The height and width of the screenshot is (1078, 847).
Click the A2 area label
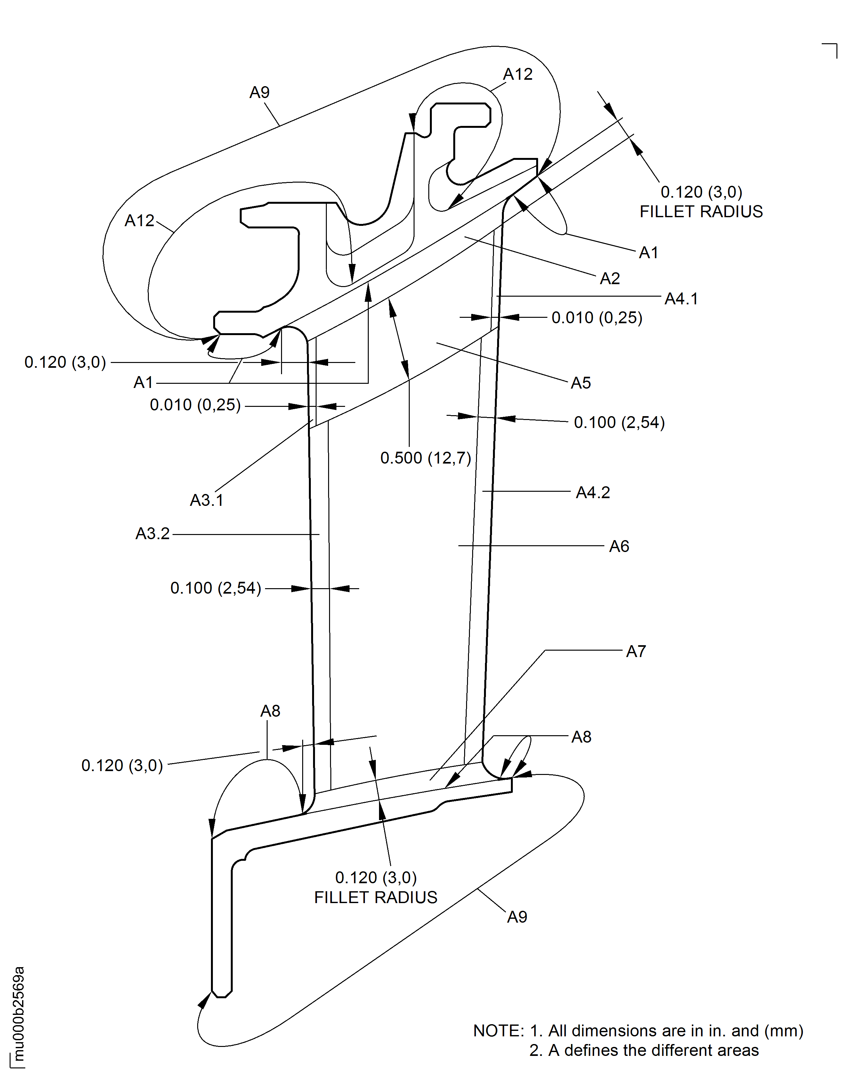coord(610,278)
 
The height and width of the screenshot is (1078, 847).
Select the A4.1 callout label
coord(682,299)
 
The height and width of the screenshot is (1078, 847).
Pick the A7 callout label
coord(636,651)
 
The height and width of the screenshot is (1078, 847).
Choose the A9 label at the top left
coord(259,92)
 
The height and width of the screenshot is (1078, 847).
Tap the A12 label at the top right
coord(518,74)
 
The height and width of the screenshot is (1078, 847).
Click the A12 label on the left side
coord(139,220)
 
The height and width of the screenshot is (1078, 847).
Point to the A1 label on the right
coord(648,253)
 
